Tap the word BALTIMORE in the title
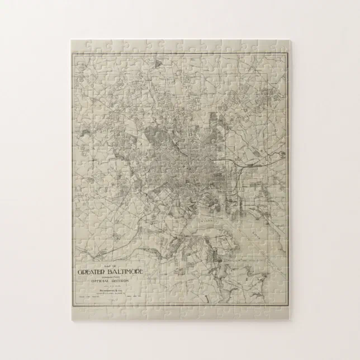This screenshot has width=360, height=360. (125, 272)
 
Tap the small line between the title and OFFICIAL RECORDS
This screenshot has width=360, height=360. (110, 277)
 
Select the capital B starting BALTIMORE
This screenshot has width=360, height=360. (112, 272)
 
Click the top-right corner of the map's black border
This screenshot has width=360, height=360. (286, 53)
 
